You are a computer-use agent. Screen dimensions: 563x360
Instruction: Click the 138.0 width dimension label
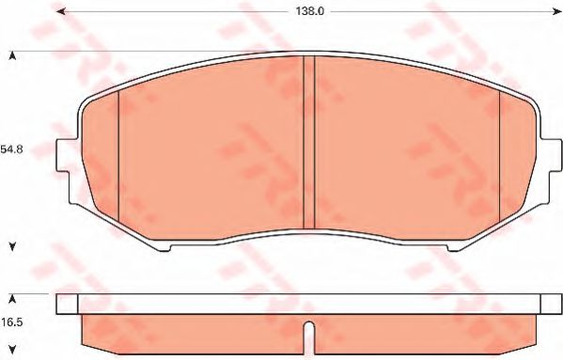click(309, 11)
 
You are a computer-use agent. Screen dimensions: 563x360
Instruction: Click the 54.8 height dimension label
click(11, 149)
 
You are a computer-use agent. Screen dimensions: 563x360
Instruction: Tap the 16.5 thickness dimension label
click(11, 322)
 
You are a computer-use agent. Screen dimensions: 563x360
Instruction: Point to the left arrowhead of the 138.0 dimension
click(61, 11)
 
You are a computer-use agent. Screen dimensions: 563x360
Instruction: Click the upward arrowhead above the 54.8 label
click(12, 55)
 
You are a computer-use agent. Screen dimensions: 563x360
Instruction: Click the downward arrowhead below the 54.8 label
click(12, 246)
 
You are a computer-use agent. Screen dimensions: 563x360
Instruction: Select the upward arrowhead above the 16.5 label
click(12, 299)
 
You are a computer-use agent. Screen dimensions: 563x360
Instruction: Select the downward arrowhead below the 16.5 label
click(12, 349)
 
